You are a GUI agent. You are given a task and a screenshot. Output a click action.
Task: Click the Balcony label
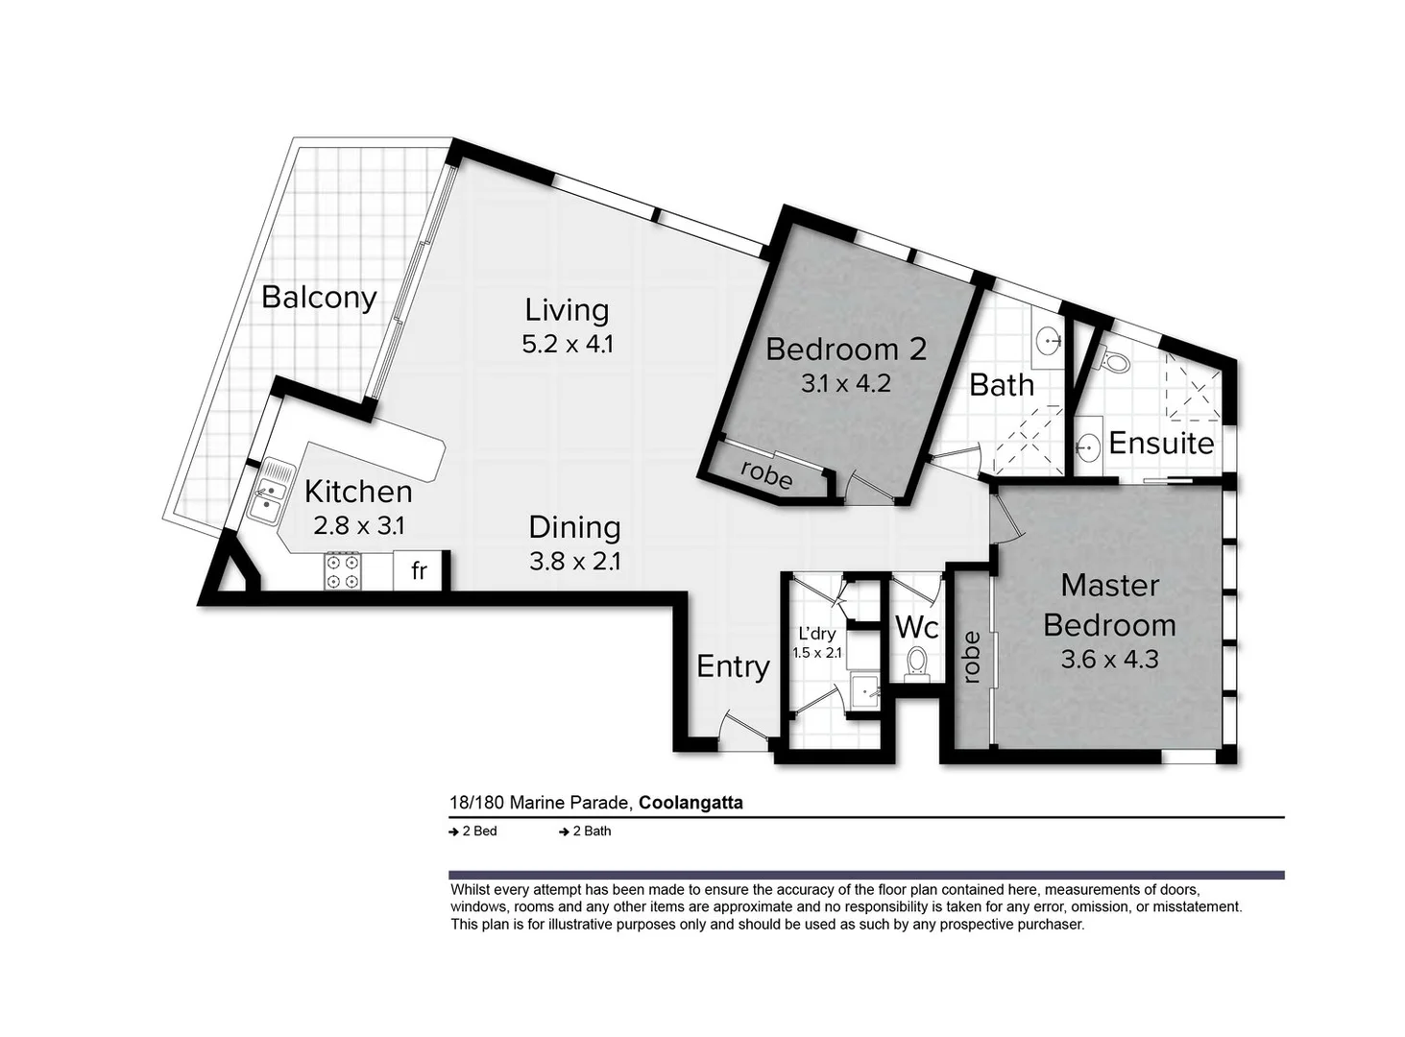coord(319,298)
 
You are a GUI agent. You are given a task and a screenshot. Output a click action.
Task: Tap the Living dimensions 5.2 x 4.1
coord(568,345)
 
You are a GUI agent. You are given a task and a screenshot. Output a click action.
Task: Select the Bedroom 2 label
coord(846,350)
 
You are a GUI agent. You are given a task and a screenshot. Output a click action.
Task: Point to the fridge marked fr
coord(420,570)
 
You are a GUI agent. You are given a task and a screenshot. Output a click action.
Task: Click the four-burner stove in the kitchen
coord(342,571)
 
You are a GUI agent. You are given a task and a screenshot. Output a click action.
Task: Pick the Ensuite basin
coord(1088,446)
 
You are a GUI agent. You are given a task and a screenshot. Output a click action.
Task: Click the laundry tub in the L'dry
coord(864,693)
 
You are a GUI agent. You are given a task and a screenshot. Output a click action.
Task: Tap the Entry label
coord(733,667)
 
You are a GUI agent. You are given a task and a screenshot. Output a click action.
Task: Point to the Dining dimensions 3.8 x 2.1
coord(574,562)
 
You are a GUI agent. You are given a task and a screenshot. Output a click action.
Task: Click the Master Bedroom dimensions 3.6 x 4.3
coord(1110,660)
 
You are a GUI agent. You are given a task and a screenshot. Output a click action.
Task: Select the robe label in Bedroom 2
coord(766,474)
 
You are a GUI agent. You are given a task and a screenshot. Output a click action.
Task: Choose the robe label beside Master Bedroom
coord(971,658)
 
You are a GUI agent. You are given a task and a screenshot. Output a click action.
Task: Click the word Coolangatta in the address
coord(690,803)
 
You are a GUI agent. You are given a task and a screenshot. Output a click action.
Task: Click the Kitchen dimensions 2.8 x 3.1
coord(359,525)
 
